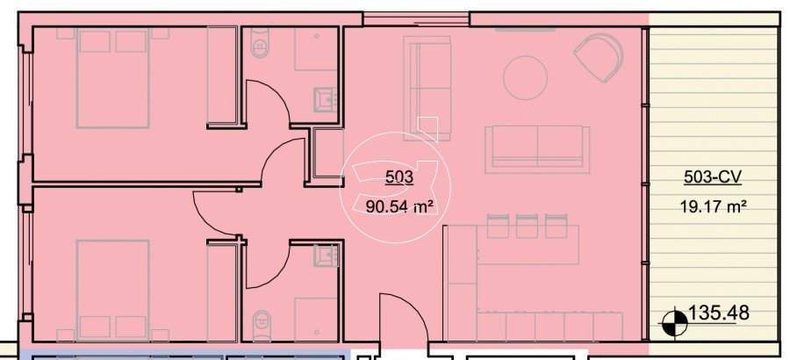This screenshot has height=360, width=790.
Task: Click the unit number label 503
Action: pyautogui.click(x=399, y=177)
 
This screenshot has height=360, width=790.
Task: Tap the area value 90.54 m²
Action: pyautogui.click(x=400, y=206)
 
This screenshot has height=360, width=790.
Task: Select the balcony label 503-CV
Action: pyautogui.click(x=713, y=177)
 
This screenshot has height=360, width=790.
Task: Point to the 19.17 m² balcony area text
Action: pyautogui.click(x=713, y=206)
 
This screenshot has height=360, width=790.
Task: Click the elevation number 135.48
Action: pyautogui.click(x=718, y=313)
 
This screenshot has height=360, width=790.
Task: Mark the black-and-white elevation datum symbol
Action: pyautogui.click(x=675, y=322)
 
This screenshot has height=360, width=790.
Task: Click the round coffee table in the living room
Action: pyautogui.click(x=525, y=77)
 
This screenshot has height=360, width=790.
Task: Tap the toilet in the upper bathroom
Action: pyautogui.click(x=260, y=43)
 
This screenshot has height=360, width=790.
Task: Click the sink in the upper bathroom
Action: pyautogui.click(x=326, y=99)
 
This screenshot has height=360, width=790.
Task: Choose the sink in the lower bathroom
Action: pyautogui.click(x=326, y=256)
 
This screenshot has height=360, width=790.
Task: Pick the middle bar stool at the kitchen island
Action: pyautogui.click(x=527, y=226)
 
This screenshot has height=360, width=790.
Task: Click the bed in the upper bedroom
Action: pyautogui.click(x=113, y=78)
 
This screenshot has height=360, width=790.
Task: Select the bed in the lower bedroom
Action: pyautogui.click(x=113, y=290)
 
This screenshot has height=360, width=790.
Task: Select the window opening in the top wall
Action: pyautogui.click(x=416, y=18)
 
